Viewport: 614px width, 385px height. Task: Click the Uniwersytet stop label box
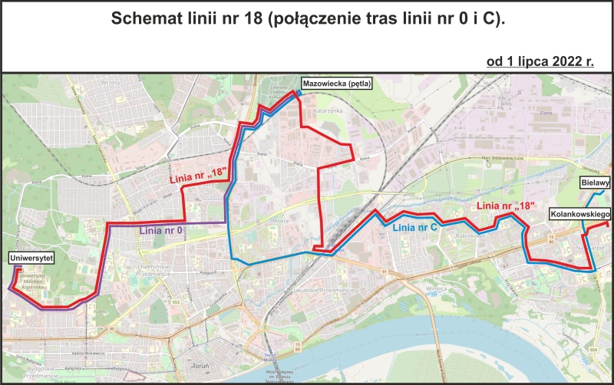pyautogui.click(x=31, y=259)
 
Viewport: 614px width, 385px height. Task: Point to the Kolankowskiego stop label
pyautogui.click(x=579, y=216)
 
